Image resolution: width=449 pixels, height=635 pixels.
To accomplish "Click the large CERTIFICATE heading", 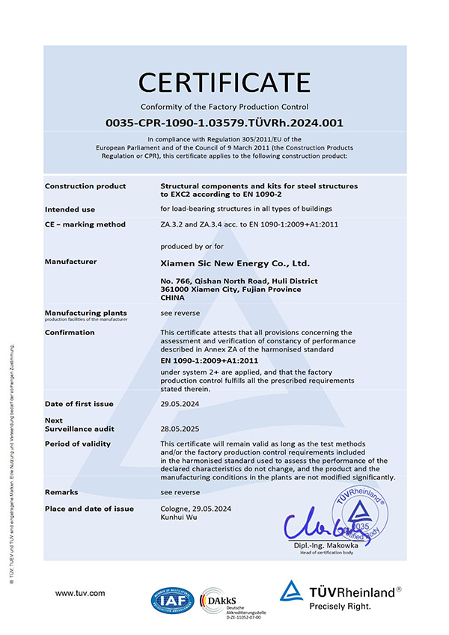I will [x=224, y=82].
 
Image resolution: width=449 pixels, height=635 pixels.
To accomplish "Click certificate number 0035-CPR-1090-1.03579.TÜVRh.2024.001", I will [x=224, y=123].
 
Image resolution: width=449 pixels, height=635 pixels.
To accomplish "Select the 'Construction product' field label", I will [x=85, y=185].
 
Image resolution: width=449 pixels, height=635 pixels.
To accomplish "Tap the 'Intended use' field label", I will [x=70, y=209].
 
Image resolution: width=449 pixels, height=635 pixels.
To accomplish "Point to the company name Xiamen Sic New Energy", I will [x=235, y=263].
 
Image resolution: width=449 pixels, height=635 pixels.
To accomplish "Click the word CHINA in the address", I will [x=172, y=297].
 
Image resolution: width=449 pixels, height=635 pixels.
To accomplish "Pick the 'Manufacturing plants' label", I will [x=85, y=312].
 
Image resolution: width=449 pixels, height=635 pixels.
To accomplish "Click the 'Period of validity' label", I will [x=78, y=444].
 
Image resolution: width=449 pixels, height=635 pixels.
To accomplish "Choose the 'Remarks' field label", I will [x=61, y=494].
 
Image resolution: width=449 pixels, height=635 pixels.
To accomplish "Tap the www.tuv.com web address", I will [x=80, y=593].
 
